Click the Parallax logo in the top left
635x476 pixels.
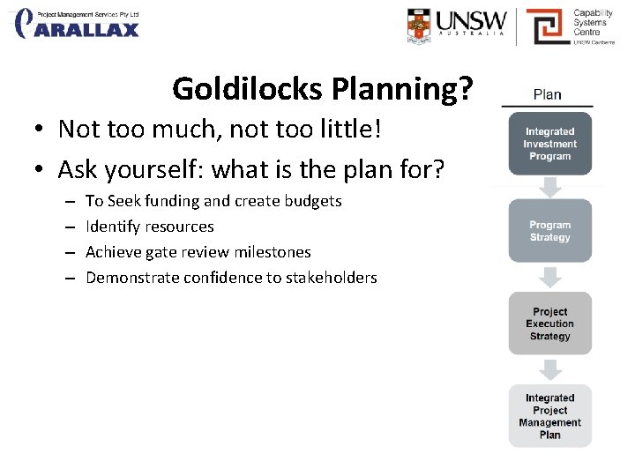(78, 24)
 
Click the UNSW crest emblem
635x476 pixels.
(420, 26)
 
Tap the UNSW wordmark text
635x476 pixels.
(472, 21)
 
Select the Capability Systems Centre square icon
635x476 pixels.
(546, 26)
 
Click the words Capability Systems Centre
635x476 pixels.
(593, 23)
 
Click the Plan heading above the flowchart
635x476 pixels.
(547, 94)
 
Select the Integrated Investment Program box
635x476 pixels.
(549, 144)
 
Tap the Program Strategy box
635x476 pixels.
(549, 231)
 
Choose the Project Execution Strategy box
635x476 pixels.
(549, 324)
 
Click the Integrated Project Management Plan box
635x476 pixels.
(549, 416)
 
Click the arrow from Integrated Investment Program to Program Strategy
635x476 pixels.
(549, 187)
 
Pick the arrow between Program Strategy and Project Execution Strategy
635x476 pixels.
(549, 277)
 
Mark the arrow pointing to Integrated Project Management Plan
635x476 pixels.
(549, 369)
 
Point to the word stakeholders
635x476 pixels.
(333, 278)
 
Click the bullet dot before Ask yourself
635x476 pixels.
(41, 168)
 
